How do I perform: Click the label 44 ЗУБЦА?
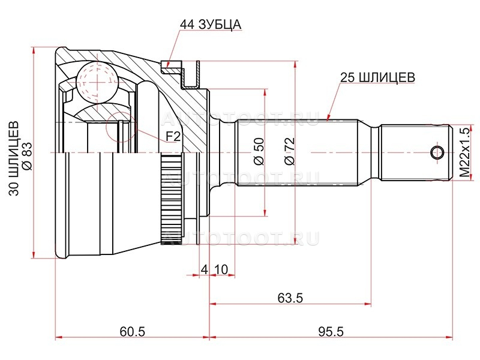coord(211,25)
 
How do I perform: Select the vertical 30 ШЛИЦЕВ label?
coord(14,158)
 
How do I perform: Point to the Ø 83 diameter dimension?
coord(27,156)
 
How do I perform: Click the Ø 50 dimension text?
coord(259,152)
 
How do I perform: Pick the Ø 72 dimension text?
coord(289,152)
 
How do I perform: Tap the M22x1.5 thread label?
coord(464,153)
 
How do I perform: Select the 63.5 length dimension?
coord(290,297)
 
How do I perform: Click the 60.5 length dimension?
coord(132,332)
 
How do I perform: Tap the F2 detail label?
coord(173,137)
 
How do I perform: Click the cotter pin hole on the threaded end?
coord(437,152)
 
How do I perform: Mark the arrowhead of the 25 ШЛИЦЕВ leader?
coord(328,118)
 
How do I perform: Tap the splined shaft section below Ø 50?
coord(296,152)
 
